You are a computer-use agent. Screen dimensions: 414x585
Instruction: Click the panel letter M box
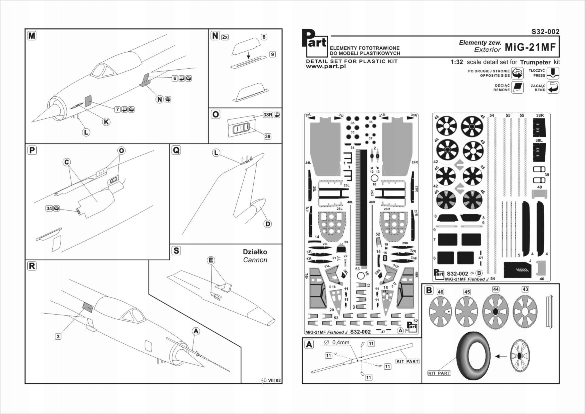coord(32,36)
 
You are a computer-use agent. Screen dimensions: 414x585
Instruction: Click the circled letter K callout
coord(106,122)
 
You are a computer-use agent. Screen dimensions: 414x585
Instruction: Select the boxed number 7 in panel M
coord(117,109)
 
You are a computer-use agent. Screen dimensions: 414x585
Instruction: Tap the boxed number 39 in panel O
coord(267,136)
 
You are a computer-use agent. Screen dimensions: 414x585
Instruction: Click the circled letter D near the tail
coord(268,224)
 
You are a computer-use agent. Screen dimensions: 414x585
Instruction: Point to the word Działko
coord(255,252)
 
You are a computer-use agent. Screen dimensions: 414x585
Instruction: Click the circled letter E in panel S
coord(211,260)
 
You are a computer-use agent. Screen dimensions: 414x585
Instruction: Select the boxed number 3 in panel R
coord(58,336)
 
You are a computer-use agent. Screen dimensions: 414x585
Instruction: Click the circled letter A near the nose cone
coord(196,331)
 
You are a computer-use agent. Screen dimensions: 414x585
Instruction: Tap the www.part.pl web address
coord(326,66)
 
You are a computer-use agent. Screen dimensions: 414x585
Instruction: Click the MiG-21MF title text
coord(530,47)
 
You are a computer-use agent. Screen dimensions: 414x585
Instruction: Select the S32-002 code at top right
coord(545,32)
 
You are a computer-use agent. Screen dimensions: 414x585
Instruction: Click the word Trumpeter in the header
coord(535,62)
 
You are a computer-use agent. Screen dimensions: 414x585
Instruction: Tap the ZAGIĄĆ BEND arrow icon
coord(553,88)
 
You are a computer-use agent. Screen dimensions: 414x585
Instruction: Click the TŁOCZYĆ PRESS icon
coord(553,73)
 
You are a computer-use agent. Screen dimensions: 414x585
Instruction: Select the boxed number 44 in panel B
coord(496,289)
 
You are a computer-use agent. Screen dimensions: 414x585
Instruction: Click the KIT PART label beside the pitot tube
coord(407,361)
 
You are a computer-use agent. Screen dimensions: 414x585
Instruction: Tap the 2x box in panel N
coord(225,37)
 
